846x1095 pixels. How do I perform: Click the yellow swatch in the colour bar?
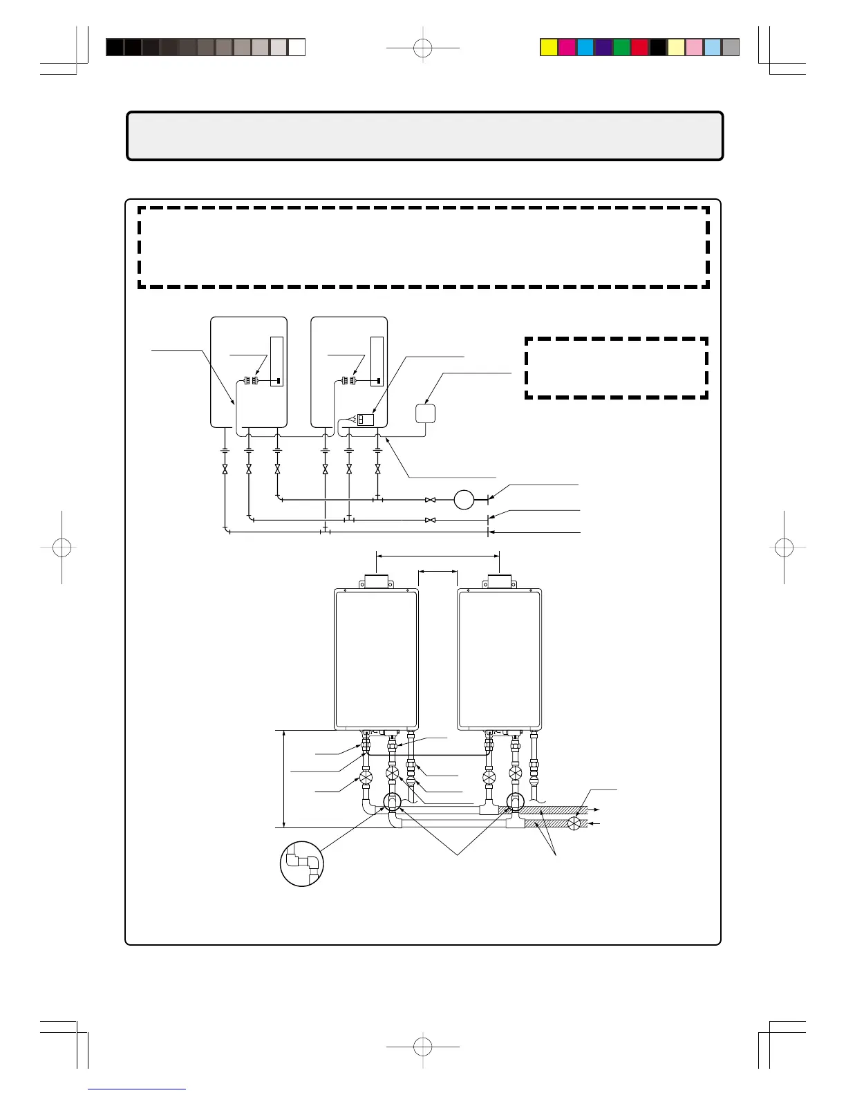(x=549, y=47)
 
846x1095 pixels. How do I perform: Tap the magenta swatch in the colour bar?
(x=567, y=47)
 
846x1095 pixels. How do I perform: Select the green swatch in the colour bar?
(x=621, y=47)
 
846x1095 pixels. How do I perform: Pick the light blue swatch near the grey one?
(x=713, y=47)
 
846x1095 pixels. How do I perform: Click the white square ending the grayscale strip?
(x=297, y=47)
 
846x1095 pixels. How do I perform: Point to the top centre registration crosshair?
(x=423, y=48)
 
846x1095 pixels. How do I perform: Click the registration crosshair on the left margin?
(x=62, y=547)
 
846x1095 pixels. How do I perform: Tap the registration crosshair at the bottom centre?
(x=423, y=1047)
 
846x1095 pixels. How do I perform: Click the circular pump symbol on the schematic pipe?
(x=464, y=499)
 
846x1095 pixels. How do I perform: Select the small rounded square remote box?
(x=425, y=413)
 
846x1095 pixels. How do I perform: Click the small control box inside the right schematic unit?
(x=365, y=419)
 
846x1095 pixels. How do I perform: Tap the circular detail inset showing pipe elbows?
(x=302, y=863)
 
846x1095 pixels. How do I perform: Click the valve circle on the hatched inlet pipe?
(x=574, y=823)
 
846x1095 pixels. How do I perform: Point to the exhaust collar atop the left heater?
(x=376, y=581)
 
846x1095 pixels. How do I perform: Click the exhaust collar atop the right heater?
(x=500, y=581)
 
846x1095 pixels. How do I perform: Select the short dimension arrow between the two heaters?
(x=438, y=571)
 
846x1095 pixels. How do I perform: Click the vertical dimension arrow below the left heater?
(x=284, y=778)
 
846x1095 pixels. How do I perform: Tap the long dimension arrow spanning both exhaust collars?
(x=438, y=554)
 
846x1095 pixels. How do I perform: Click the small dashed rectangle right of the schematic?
(x=617, y=368)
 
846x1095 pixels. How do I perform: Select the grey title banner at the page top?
(x=424, y=136)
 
